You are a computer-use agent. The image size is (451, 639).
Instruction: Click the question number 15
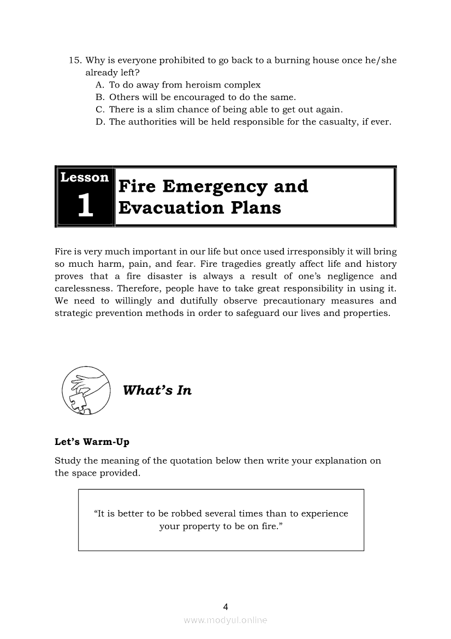[x=74, y=61]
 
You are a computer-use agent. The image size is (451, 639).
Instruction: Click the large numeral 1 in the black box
[x=85, y=206]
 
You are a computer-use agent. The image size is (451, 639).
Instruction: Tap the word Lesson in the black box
[x=85, y=178]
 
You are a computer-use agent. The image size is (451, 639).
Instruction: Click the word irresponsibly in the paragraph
[x=317, y=252]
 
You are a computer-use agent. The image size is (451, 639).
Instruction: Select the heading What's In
[x=157, y=390]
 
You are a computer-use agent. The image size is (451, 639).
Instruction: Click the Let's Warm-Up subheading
[x=92, y=442]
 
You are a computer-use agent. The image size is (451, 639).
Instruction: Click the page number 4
[x=226, y=607]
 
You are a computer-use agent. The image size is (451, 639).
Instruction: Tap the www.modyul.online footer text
[x=226, y=620]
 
